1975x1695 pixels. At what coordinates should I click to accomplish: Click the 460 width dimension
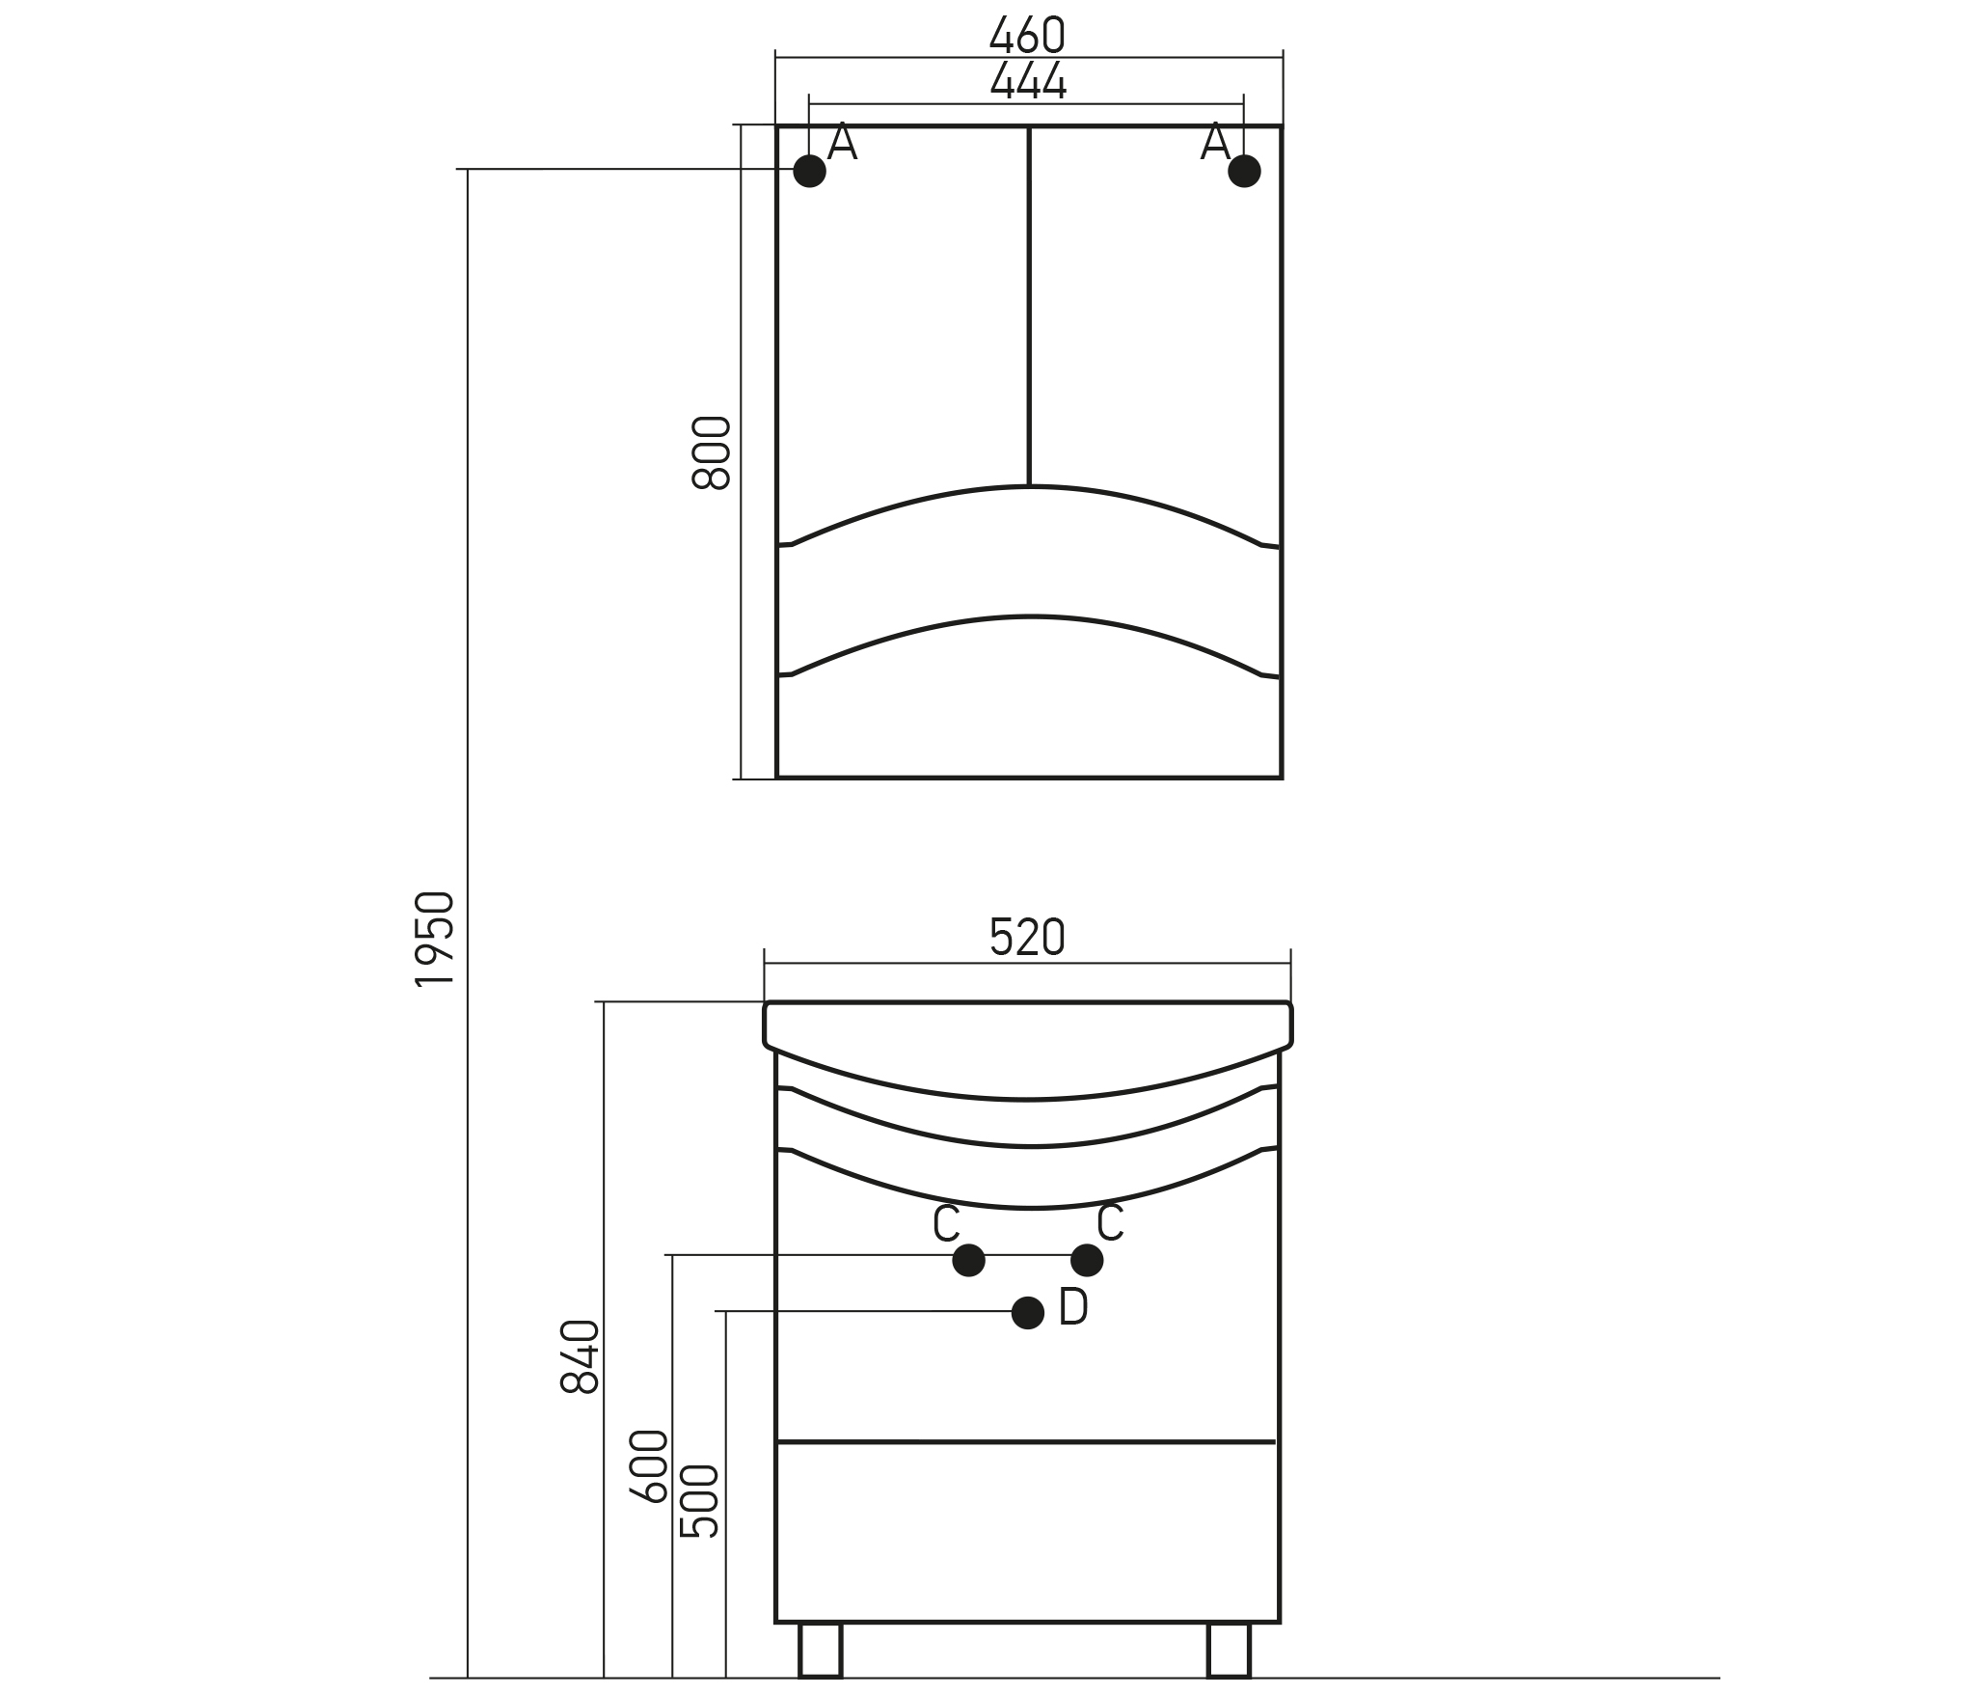(1027, 36)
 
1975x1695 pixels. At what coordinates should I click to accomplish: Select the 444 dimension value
(1028, 81)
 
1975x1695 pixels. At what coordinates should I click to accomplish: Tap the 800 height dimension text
(712, 452)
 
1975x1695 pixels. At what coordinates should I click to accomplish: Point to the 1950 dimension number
(434, 939)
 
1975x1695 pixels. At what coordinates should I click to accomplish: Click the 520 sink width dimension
(1027, 937)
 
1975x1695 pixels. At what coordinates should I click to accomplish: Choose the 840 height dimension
(580, 1356)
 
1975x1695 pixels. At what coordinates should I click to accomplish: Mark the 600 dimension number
(648, 1466)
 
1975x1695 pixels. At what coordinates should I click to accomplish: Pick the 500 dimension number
(700, 1501)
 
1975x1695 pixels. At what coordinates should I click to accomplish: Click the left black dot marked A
(810, 171)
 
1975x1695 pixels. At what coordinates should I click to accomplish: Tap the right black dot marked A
(1244, 171)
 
